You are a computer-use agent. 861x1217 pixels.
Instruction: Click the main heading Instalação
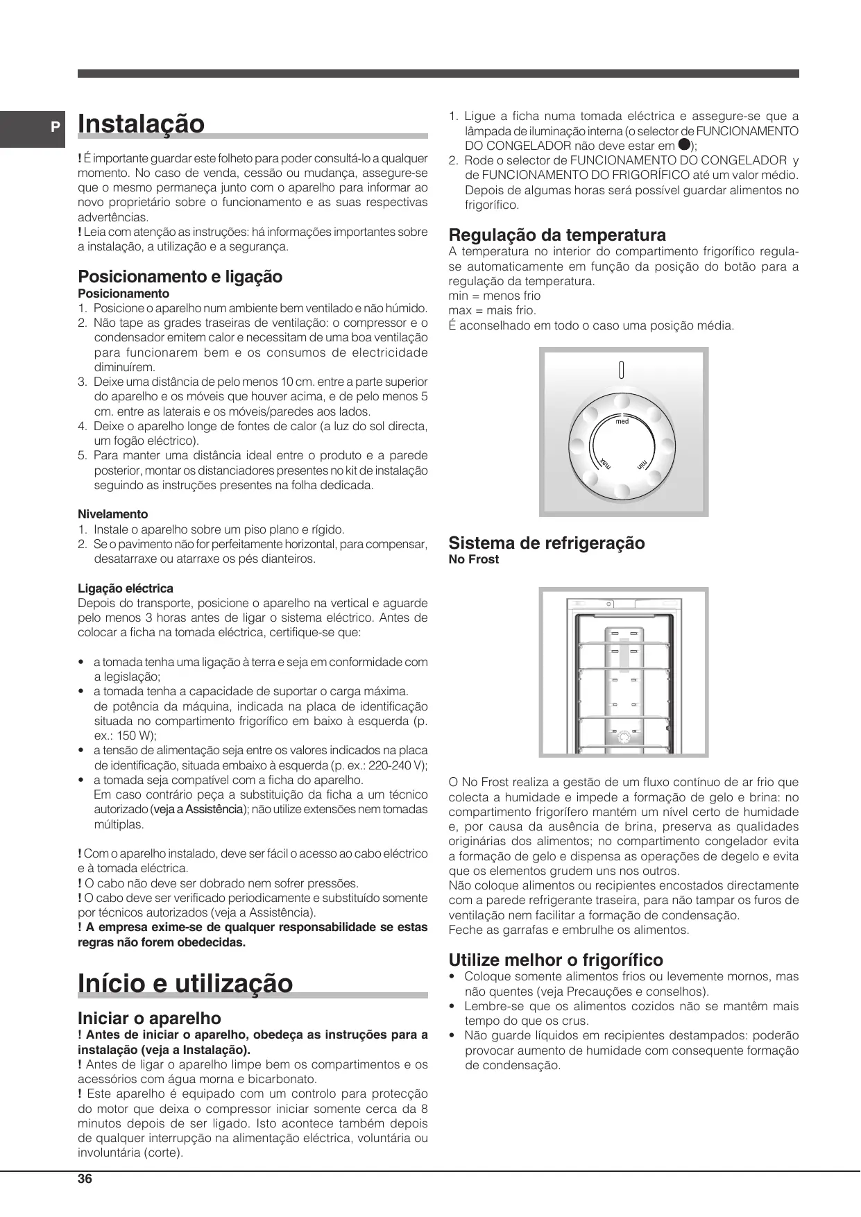click(x=142, y=124)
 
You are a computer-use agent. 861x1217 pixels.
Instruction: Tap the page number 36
click(x=85, y=1179)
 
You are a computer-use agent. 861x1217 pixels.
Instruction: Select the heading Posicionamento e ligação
click(x=180, y=276)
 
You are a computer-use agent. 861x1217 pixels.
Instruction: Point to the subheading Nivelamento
click(x=112, y=514)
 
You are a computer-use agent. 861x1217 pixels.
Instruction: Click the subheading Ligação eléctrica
click(x=125, y=588)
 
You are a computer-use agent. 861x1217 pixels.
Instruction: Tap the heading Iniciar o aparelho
click(x=149, y=1018)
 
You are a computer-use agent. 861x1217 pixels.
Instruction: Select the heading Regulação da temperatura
click(x=557, y=235)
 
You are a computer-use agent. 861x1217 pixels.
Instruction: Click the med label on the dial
click(x=622, y=421)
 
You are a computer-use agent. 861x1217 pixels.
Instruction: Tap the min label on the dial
click(x=643, y=463)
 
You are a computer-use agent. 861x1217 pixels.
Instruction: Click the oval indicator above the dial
click(x=622, y=371)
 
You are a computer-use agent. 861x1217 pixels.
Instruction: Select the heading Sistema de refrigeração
click(x=547, y=543)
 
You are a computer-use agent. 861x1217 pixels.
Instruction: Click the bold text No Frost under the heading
click(x=474, y=559)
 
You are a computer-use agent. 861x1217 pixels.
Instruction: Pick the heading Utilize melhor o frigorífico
click(x=556, y=960)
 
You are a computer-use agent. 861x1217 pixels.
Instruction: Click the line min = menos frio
click(x=495, y=296)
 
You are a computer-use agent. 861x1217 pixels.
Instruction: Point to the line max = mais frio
click(x=493, y=310)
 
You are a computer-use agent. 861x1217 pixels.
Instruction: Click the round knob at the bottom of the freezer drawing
click(x=624, y=736)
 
